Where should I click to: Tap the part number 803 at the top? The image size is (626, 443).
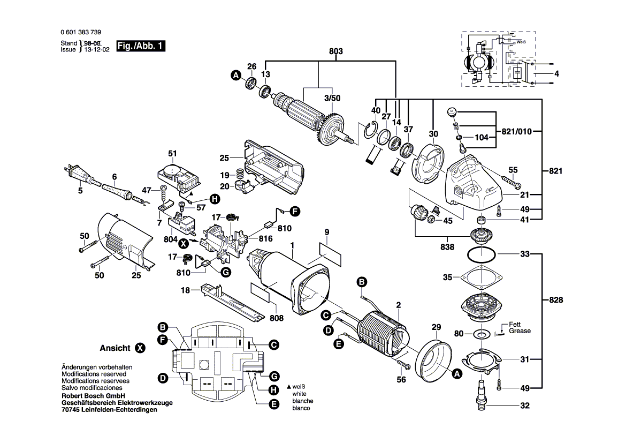[335, 52]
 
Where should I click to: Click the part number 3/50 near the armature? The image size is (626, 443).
[332, 98]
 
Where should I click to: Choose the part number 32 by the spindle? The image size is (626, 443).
[524, 406]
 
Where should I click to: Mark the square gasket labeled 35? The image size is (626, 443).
[483, 278]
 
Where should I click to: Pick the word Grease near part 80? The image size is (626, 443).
[520, 331]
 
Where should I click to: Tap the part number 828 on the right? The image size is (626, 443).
[556, 300]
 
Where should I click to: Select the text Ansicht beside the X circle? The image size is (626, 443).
[114, 348]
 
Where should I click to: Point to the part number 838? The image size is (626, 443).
[447, 247]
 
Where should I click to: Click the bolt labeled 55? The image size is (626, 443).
[509, 182]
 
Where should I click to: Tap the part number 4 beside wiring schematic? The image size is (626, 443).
[556, 74]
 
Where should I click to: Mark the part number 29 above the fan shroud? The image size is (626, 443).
[436, 327]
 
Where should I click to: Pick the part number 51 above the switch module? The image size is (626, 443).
[172, 154]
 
